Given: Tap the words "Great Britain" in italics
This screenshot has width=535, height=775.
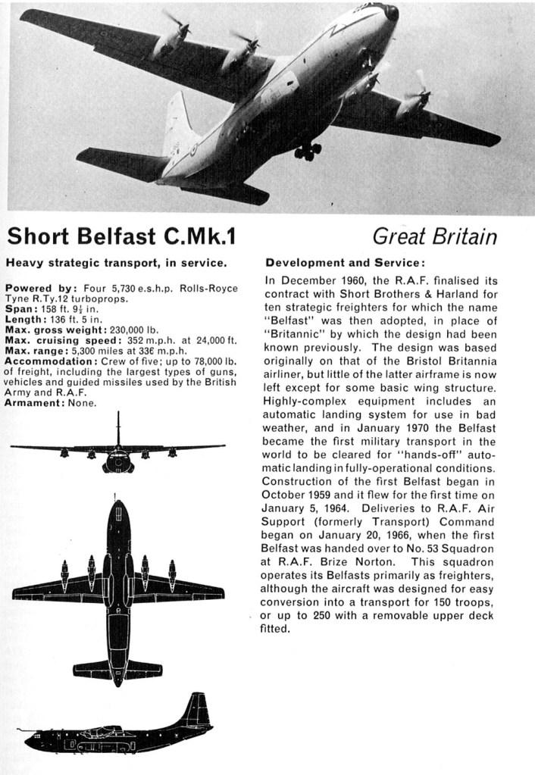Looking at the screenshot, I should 435,237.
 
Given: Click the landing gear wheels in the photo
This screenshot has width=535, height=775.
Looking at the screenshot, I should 308,151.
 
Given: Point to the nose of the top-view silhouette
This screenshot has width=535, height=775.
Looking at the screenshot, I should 117,506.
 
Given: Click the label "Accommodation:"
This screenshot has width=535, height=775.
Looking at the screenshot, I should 45,361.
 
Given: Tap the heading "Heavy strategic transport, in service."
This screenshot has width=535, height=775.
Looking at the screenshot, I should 115,264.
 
